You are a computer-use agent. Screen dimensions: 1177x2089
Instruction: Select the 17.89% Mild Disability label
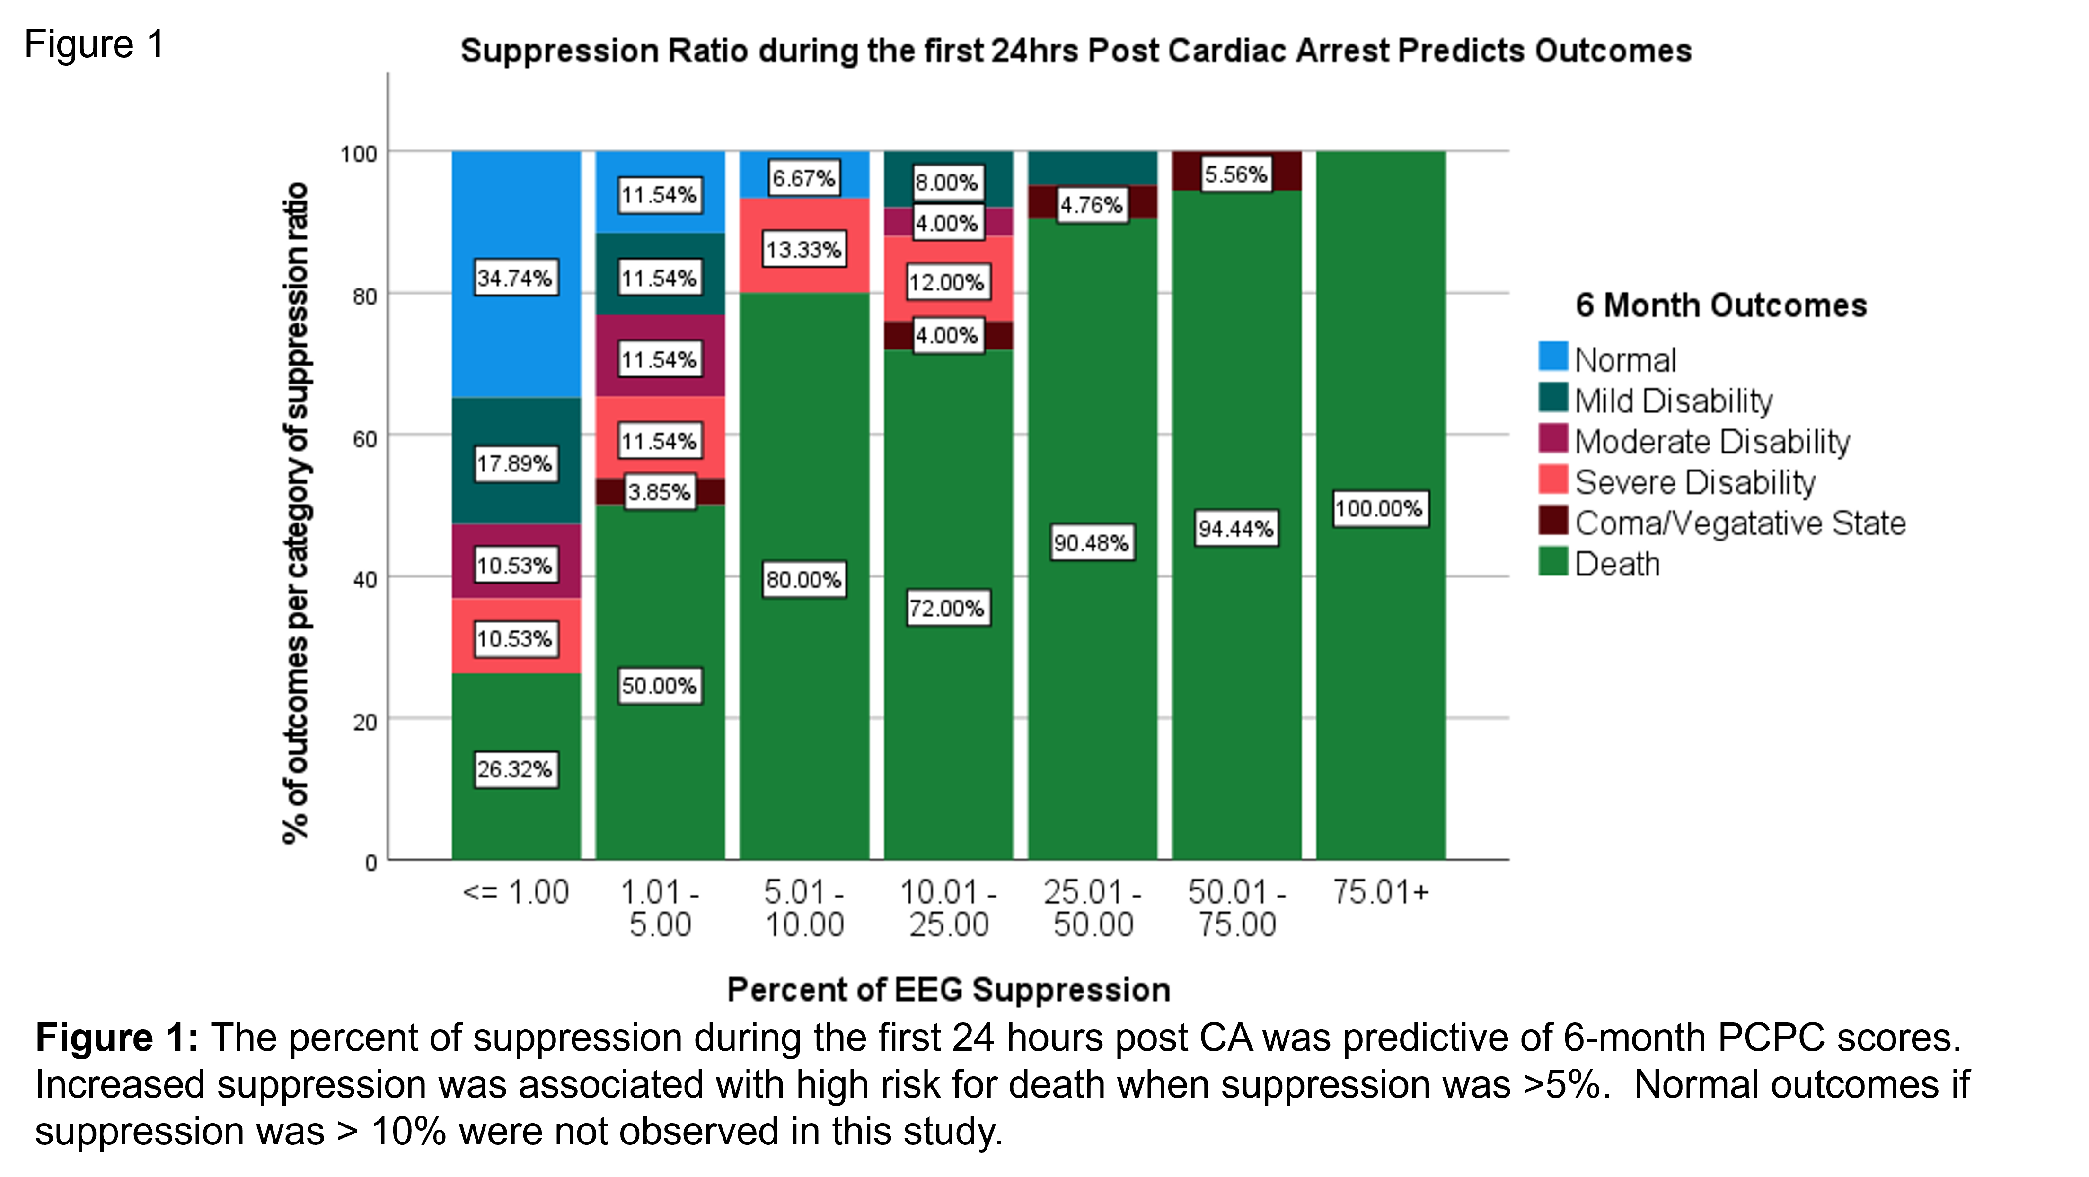pos(515,464)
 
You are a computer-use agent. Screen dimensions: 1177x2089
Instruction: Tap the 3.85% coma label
pos(659,492)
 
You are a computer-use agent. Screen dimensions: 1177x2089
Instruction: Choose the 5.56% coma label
pos(1236,174)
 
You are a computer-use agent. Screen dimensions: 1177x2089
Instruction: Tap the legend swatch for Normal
pos(1553,357)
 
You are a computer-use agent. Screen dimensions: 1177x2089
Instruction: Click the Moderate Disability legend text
pos(1712,442)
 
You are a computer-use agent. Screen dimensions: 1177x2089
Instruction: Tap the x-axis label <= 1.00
pos(516,892)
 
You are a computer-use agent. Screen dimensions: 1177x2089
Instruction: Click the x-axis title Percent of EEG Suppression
pos(948,990)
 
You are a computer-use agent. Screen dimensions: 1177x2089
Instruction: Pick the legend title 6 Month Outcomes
pos(1721,305)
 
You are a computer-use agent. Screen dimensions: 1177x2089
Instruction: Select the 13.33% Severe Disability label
pos(803,250)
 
